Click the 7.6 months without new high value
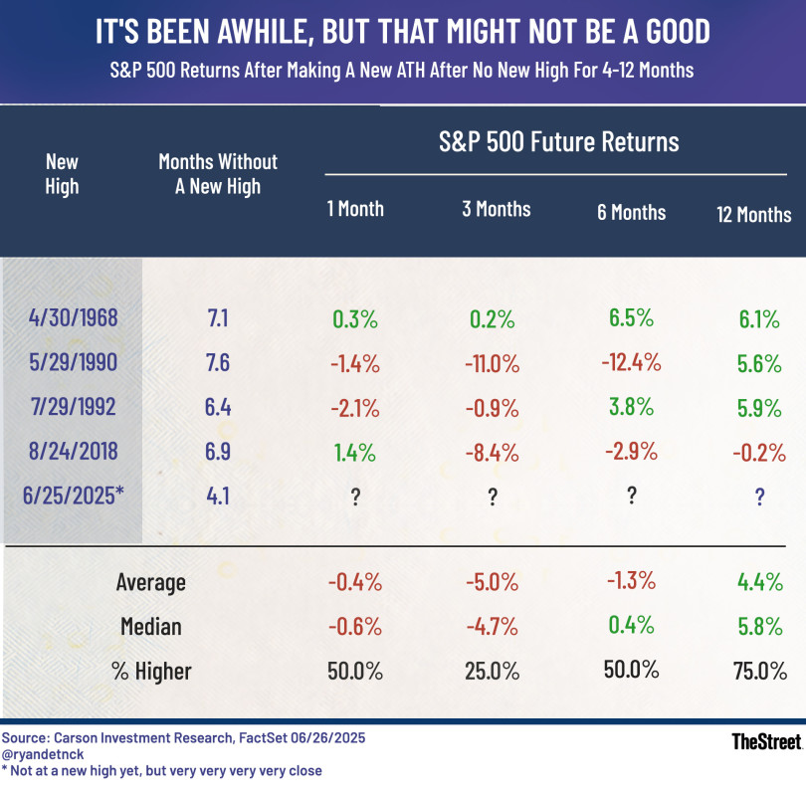point(217,362)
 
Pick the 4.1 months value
point(217,495)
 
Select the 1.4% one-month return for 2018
point(355,452)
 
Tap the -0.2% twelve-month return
point(759,452)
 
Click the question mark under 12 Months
point(759,495)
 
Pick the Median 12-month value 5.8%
point(759,627)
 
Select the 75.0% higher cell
point(759,672)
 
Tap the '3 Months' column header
point(497,209)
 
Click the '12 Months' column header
point(753,214)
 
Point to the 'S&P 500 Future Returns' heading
point(559,142)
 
